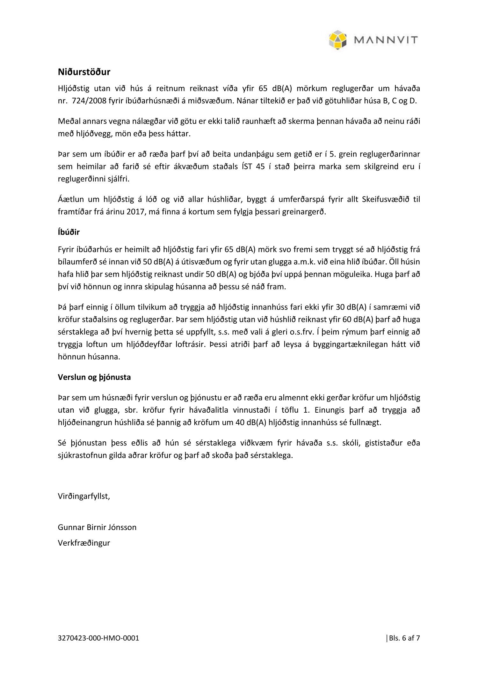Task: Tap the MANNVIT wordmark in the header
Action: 386,40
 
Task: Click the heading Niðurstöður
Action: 84,72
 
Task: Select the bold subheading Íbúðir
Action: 69,232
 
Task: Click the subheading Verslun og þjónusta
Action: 94,377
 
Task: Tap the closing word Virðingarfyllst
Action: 84,496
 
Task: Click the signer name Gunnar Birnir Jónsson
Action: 97,527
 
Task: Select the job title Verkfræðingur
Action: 84,543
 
